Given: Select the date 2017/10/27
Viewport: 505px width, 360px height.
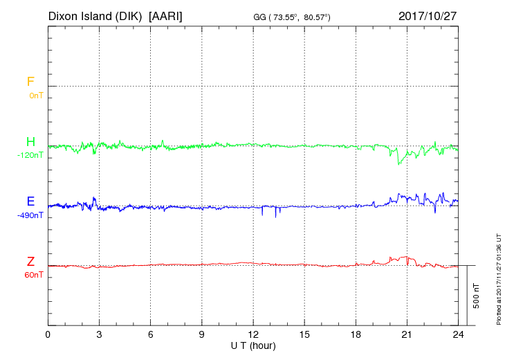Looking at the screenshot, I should point(428,15).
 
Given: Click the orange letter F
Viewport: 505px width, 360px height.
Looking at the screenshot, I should point(30,82).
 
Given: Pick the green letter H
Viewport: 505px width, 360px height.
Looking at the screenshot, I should point(30,143).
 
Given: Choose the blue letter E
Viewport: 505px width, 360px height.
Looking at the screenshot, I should point(30,201).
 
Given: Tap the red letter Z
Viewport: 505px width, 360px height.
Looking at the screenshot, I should point(30,262).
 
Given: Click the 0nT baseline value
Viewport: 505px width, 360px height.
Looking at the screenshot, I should point(36,96).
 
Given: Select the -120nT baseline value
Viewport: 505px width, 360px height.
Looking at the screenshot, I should point(31,156).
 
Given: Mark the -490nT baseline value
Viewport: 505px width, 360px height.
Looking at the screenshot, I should point(31,215).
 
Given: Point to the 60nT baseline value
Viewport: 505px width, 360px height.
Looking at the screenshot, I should point(34,275).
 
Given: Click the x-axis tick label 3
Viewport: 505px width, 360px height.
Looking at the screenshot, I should point(100,334).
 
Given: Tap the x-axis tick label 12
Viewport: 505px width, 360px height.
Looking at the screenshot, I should point(253,334).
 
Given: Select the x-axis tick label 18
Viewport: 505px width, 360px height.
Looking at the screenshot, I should point(356,334).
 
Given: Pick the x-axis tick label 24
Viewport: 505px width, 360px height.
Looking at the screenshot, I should point(458,334).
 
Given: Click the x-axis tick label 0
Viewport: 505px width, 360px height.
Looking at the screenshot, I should point(48,334).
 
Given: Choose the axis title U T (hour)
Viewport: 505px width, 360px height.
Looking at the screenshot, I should point(253,345).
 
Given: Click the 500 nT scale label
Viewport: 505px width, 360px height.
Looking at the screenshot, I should point(477,295).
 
